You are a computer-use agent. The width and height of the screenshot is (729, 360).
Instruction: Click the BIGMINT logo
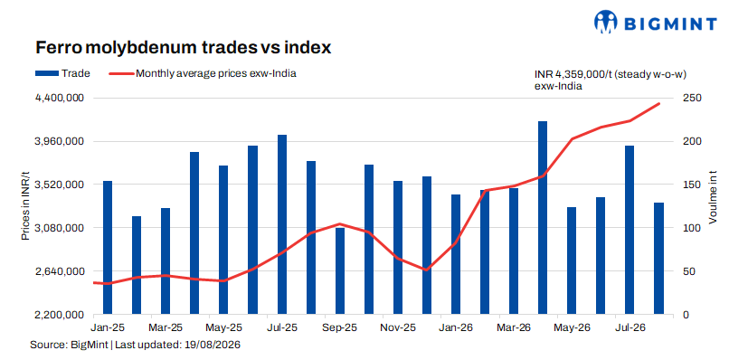[x=656, y=22]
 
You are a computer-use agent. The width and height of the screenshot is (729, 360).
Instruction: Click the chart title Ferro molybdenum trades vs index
[x=184, y=47]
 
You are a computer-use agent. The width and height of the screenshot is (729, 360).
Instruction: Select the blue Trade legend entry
[x=62, y=73]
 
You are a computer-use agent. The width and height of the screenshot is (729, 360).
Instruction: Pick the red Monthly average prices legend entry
[x=203, y=73]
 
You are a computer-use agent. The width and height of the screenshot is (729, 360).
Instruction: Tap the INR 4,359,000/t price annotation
[x=611, y=80]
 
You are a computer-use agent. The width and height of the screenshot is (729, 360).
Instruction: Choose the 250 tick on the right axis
[x=688, y=98]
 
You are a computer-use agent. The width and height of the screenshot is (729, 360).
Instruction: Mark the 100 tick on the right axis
[x=688, y=228]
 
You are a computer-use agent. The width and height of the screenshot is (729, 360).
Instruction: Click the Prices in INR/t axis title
[x=25, y=205]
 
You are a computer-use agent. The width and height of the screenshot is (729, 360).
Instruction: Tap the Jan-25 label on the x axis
[x=109, y=327]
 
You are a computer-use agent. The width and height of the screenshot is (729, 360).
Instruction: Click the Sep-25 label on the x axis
[x=341, y=327]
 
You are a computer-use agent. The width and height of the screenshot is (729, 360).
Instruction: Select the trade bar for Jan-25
[x=108, y=248]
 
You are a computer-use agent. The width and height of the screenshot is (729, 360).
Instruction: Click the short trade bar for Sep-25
[x=340, y=271]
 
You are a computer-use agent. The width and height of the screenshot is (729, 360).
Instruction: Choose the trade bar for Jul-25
[x=282, y=224]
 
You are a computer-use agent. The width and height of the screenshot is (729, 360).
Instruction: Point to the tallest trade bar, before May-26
[x=543, y=218]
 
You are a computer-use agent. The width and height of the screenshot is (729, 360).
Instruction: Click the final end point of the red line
[x=658, y=104]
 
